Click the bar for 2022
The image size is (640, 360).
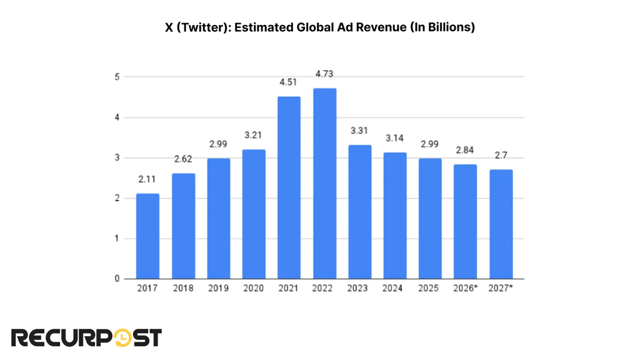pyautogui.click(x=324, y=184)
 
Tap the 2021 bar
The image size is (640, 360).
pyautogui.click(x=289, y=187)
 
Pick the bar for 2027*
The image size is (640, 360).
pyautogui.click(x=501, y=224)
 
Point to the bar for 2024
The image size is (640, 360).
pyautogui.click(x=395, y=216)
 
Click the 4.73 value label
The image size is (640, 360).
pyautogui.click(x=324, y=74)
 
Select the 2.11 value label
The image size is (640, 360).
pyautogui.click(x=147, y=180)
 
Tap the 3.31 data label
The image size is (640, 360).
pyautogui.click(x=360, y=131)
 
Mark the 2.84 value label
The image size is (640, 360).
pyautogui.click(x=466, y=151)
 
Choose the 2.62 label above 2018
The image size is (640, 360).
pyautogui.click(x=183, y=159)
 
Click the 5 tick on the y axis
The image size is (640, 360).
pyautogui.click(x=117, y=77)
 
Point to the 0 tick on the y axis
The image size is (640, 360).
pyautogui.click(x=117, y=279)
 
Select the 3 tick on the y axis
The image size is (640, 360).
pyautogui.click(x=117, y=158)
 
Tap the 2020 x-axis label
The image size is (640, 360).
pyautogui.click(x=254, y=289)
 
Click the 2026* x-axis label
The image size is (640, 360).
pyautogui.click(x=466, y=289)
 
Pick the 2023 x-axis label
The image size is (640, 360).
pyautogui.click(x=360, y=289)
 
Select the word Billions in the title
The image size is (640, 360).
pyautogui.click(x=448, y=27)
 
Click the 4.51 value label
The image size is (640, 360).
pyautogui.click(x=289, y=82)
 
